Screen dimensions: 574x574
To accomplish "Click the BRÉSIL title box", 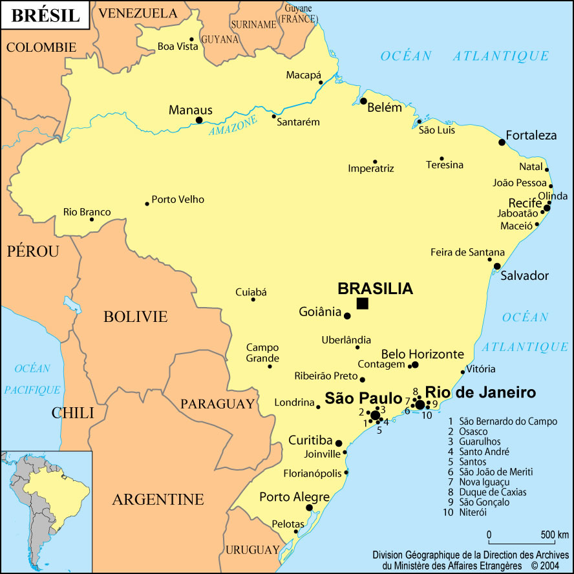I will coord(45,16).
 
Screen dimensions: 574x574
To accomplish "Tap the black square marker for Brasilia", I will coord(363,304).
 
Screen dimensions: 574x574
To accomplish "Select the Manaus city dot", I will coord(199,120).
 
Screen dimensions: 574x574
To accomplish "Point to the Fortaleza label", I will coord(531,135).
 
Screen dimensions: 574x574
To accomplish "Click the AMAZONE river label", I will coord(233,125).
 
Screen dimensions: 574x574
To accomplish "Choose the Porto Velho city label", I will coord(178,199).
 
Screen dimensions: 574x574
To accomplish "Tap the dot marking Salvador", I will coord(497,266).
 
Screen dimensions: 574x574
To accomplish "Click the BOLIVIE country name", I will coord(136,317).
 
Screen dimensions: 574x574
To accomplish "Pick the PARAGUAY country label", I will coord(217,404).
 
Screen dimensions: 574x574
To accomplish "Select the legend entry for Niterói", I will coord(473,512).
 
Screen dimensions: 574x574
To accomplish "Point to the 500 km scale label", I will coord(554,535).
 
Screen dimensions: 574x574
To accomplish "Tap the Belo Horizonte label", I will coord(423,354).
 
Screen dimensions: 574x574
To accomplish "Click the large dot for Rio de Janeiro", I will coord(420,405).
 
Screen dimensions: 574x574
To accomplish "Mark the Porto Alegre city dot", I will coord(310,508).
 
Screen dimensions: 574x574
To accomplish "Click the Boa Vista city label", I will coord(178,47).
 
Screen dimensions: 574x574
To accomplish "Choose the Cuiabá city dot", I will coord(253,299).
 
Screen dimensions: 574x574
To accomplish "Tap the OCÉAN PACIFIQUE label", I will coord(32,379).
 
